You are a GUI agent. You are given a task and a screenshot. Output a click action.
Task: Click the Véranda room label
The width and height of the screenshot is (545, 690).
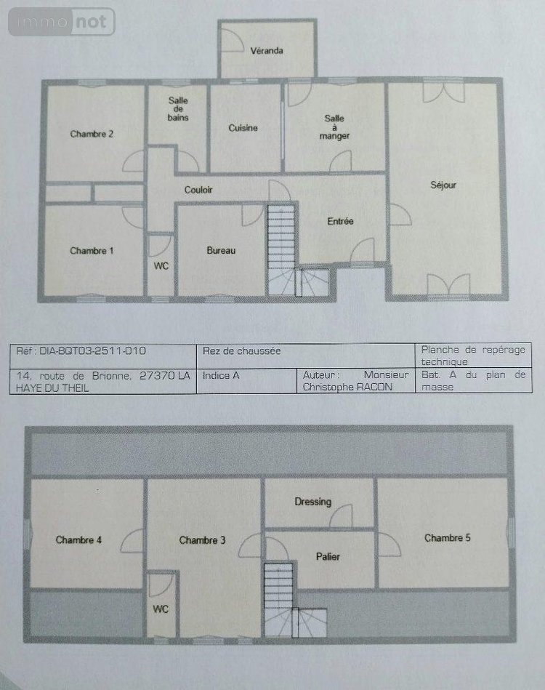[266, 52]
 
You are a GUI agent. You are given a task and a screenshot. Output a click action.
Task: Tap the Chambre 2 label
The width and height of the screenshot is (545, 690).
[92, 134]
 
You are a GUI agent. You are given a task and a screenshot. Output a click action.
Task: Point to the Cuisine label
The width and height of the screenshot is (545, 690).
[243, 128]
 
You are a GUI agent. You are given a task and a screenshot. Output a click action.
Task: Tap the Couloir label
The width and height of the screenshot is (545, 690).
[198, 190]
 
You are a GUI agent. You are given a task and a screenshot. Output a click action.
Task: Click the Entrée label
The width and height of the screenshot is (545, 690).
[340, 221]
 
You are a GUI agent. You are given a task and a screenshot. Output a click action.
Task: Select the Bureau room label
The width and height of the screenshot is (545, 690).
[221, 250]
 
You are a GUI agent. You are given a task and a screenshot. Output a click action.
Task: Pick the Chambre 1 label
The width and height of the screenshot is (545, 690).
[92, 251]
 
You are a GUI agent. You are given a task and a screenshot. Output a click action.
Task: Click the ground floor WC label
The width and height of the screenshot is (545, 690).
[161, 266]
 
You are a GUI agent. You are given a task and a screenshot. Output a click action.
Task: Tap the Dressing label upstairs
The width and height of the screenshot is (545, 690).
[313, 502]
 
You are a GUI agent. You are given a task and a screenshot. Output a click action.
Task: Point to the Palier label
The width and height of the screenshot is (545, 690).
[328, 557]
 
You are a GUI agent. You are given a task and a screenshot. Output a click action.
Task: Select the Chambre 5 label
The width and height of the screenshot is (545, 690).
[448, 538]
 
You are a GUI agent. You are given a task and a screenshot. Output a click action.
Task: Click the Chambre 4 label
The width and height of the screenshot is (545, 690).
[78, 540]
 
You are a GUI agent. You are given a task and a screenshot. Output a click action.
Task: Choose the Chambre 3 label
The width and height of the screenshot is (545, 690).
[202, 540]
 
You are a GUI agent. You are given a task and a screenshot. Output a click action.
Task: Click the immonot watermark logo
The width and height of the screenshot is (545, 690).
[62, 22]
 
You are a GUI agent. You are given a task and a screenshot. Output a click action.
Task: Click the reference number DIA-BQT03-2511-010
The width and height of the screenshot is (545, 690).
[81, 350]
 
